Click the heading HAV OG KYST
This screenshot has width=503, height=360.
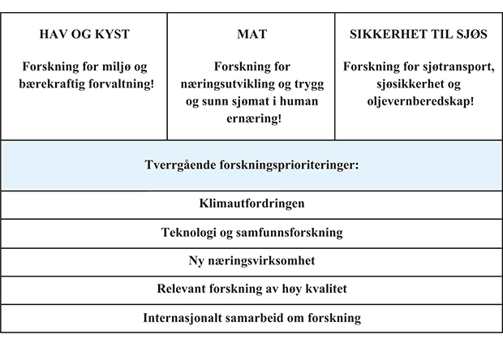pyautogui.click(x=84, y=35)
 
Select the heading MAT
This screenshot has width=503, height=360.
pyautogui.click(x=251, y=35)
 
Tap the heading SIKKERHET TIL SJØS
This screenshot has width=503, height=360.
pyautogui.click(x=419, y=35)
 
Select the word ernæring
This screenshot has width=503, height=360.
pyautogui.click(x=251, y=118)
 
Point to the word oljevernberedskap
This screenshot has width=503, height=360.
pyautogui.click(x=419, y=101)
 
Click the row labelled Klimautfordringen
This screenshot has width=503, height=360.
pyautogui.click(x=251, y=204)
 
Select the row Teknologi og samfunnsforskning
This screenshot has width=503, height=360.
pyautogui.click(x=251, y=233)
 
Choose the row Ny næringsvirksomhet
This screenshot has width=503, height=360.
pyautogui.click(x=251, y=260)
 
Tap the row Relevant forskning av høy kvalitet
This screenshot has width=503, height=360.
pyautogui.click(x=251, y=289)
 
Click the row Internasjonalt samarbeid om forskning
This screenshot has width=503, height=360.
pyautogui.click(x=251, y=317)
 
